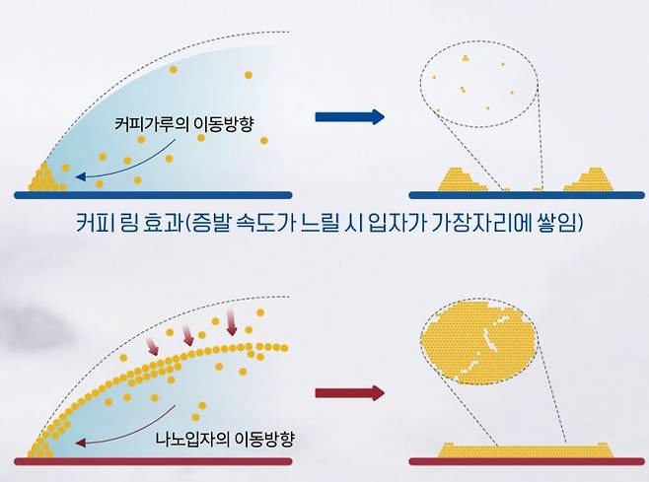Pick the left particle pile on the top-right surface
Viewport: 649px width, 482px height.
[464, 179]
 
